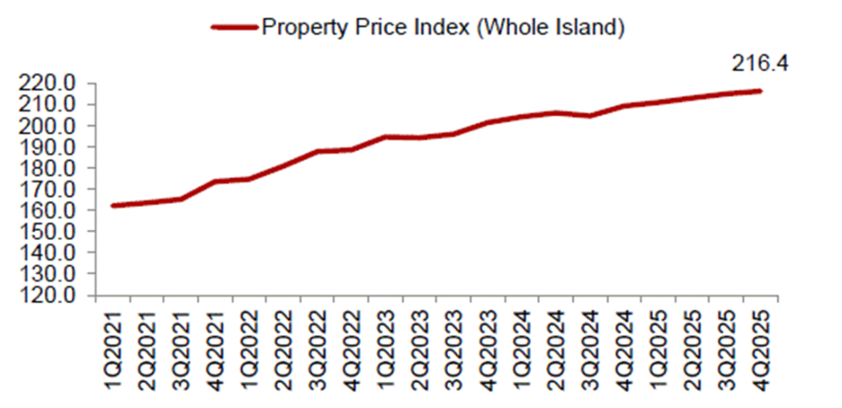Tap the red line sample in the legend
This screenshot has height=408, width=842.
234,26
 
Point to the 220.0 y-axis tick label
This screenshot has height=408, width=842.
52,84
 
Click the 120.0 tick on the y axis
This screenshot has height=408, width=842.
52,295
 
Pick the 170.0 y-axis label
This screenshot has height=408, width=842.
52,189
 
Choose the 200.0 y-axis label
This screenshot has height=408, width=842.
52,126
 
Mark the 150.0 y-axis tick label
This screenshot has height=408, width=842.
52,232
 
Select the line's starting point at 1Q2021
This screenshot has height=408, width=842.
112,206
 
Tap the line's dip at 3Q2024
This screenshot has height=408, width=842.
589,116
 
